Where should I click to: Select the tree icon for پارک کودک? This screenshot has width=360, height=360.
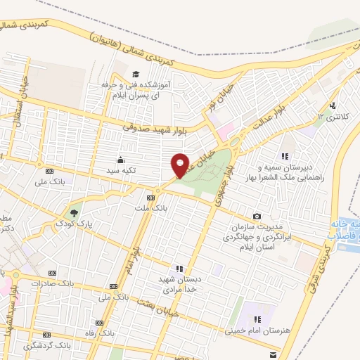click(x=75, y=212)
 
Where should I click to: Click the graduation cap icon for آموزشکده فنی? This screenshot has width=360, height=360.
click(x=134, y=73)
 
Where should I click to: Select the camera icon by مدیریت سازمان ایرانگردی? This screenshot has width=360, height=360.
click(x=257, y=216)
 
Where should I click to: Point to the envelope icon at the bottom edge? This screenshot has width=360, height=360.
click(x=274, y=356)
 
